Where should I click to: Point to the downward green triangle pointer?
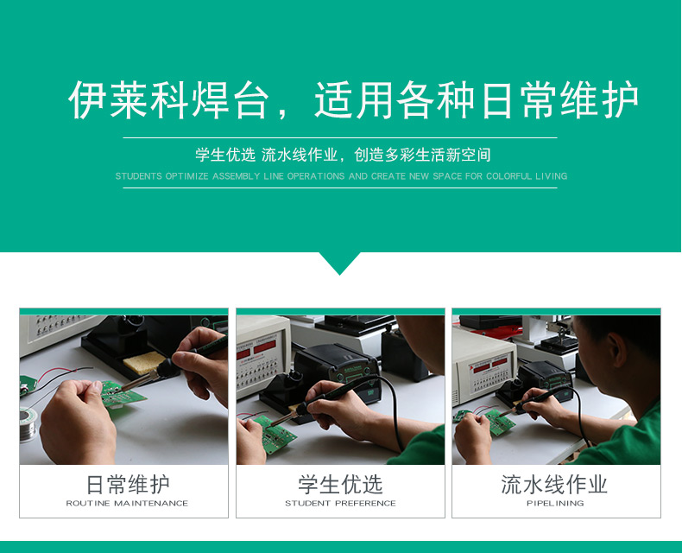pos(339,263)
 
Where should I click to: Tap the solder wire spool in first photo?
pos(28,424)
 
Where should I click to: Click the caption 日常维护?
pos(127,484)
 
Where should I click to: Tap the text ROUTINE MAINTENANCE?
pos(127,504)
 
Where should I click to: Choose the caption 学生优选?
pos(340,484)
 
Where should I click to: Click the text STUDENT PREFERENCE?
pos(340,504)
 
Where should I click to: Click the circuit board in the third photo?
pos(500,422)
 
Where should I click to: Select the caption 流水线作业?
pos(554,484)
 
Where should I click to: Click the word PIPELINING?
pos(555,504)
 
